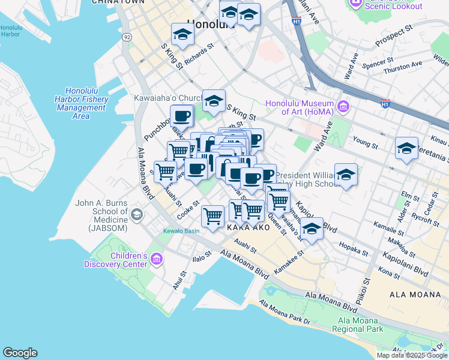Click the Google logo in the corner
(20, 353)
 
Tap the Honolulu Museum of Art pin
(343, 107)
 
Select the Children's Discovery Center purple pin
(157, 259)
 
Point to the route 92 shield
(127, 37)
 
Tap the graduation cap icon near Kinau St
(406, 148)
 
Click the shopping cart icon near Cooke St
(212, 216)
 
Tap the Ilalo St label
(202, 257)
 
